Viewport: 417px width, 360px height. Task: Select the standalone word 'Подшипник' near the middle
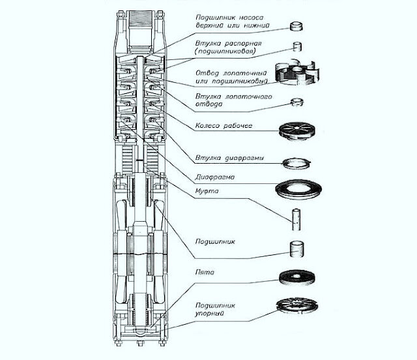coord(214,241)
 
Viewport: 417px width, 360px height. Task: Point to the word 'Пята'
coord(204,271)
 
